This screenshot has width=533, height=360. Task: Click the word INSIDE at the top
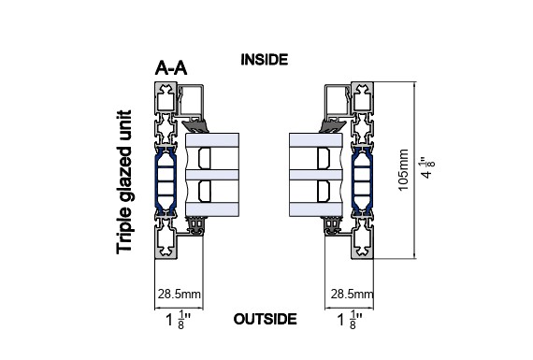click(264, 60)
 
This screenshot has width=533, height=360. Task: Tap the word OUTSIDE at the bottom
click(266, 319)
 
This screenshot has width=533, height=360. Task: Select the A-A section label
click(171, 68)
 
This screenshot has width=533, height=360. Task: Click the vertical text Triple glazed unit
click(123, 181)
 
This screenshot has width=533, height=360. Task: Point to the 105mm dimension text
click(403, 170)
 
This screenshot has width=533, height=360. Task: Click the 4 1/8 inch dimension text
click(427, 167)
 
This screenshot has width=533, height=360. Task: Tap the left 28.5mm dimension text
click(180, 294)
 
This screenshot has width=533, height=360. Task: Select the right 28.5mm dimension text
click(352, 294)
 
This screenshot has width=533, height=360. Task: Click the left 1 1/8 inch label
click(178, 320)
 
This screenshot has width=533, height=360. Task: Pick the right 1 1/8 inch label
click(350, 320)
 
